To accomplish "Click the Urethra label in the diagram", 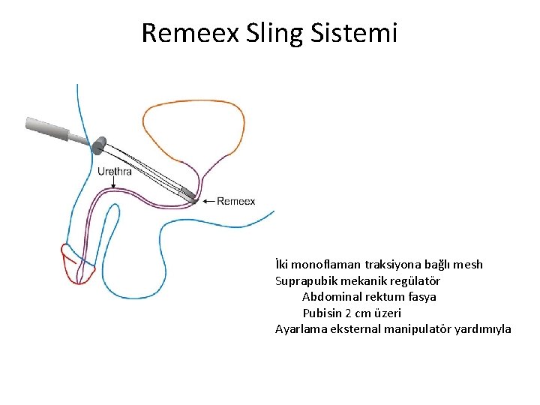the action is point(115,171).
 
